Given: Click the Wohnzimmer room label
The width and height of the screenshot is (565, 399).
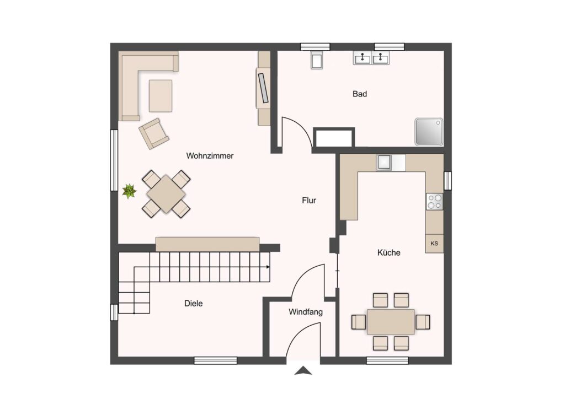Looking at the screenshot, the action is point(210,156).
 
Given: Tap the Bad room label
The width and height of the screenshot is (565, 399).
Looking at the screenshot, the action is point(360,94).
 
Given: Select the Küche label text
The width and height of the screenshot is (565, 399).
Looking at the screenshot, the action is point(389,252).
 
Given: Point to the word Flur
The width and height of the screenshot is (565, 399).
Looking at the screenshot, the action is point(309,201).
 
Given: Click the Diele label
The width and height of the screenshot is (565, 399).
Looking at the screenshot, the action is point(194,303).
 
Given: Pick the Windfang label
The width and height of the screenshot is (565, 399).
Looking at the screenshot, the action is point(306,312).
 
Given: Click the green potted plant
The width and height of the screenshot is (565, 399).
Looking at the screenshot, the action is point(129,191).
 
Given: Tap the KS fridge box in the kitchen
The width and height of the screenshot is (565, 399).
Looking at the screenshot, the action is point(434,244).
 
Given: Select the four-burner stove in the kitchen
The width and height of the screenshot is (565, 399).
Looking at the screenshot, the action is point(435,202).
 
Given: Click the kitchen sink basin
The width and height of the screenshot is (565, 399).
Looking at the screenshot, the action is point(384,162).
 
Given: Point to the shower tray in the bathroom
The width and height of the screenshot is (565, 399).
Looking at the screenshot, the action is point(429,132).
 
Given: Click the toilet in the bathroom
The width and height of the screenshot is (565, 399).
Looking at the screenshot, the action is point(317,60).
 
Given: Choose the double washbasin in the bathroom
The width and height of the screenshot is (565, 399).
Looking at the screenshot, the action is point(371,57).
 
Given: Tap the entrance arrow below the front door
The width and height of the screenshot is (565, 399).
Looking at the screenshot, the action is point(303,370).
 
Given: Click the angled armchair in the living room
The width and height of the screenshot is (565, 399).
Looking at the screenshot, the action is point(154,133).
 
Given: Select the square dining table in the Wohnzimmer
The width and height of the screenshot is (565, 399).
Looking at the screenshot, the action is point(166,194).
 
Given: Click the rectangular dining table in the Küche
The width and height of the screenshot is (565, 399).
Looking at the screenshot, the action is point(391,322).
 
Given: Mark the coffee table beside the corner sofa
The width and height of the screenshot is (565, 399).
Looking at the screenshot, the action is point(161,96).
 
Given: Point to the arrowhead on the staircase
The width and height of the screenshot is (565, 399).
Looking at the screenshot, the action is point(268,267).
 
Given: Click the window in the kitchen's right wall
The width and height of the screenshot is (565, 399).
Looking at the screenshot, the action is point(447,181).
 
